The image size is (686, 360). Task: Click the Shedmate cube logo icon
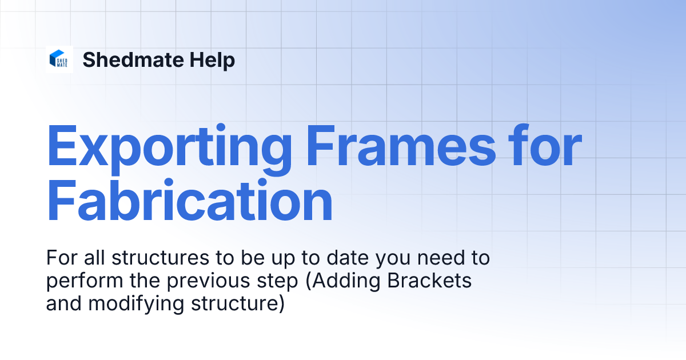pyautogui.click(x=59, y=59)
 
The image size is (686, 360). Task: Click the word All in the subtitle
pyautogui.click(x=96, y=258)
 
